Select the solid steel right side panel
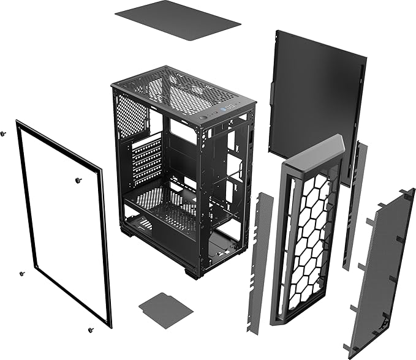click(x=316, y=98)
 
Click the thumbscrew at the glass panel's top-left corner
click(x=4, y=133)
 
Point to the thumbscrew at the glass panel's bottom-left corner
click(x=21, y=274)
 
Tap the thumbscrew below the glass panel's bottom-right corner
click(x=91, y=330)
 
